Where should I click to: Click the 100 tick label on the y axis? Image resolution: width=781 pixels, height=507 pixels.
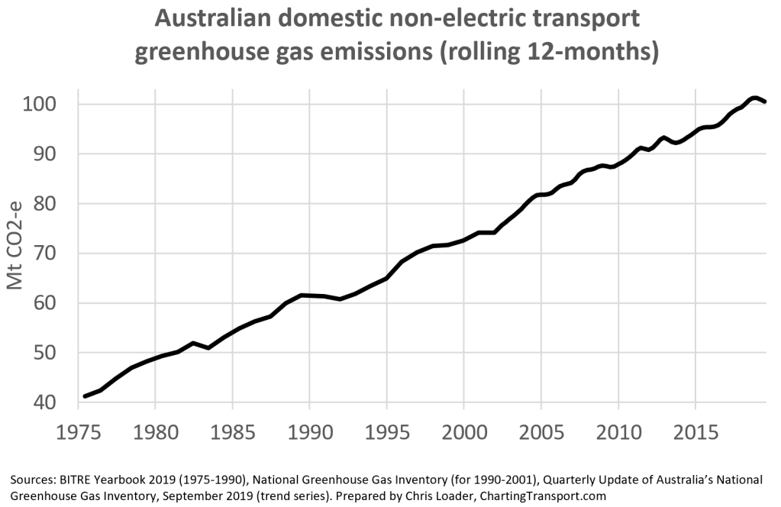(x=57, y=104)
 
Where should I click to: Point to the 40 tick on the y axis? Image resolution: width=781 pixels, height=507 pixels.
(x=64, y=402)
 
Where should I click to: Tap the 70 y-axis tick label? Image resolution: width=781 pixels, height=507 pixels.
(x=64, y=253)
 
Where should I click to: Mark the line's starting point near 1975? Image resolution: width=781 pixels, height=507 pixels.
(x=85, y=396)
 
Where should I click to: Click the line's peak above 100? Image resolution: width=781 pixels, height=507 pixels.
(x=754, y=98)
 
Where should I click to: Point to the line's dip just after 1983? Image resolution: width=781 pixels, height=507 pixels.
(x=208, y=347)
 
